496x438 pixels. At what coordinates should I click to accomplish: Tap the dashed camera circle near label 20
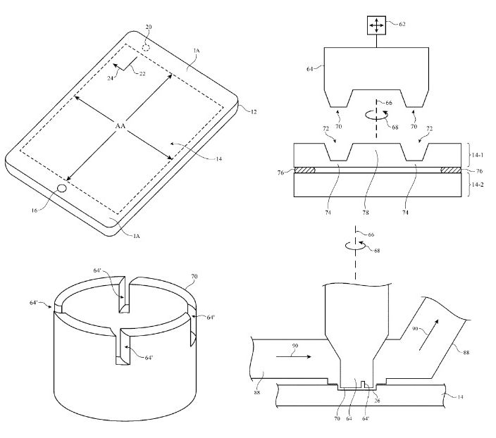tap(147, 47)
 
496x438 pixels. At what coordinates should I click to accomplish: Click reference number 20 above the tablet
tap(148, 27)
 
